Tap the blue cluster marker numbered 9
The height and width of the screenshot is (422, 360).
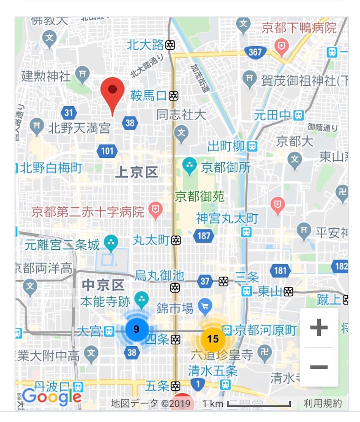[136, 329]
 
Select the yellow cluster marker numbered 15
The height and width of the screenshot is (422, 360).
[212, 339]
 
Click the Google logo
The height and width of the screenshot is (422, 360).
[52, 396]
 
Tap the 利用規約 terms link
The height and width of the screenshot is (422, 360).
[323, 403]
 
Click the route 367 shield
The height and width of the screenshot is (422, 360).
[255, 52]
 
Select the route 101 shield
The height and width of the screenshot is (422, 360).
[107, 151]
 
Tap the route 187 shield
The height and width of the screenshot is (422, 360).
[204, 236]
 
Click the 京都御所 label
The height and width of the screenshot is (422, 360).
[220, 167]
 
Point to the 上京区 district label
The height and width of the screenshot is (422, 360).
[136, 173]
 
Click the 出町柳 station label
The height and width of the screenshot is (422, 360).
[226, 146]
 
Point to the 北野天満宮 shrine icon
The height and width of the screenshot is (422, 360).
[37, 124]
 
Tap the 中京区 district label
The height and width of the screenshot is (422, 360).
[103, 284]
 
